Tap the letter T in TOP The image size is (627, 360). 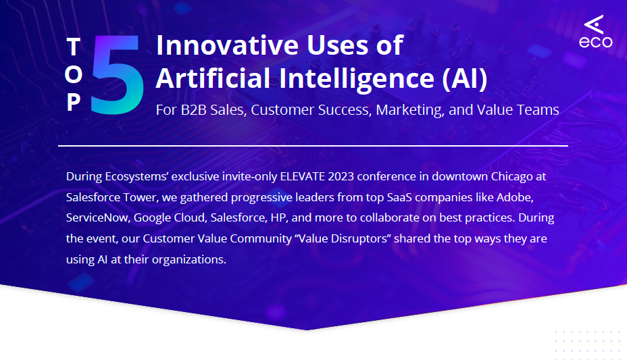tap(74, 47)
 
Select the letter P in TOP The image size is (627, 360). tap(74, 102)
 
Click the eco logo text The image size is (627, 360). tap(595, 42)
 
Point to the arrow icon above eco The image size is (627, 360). tap(595, 24)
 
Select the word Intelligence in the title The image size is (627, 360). tap(361, 78)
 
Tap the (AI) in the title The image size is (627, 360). tap(464, 78)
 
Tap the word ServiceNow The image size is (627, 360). tap(97, 218)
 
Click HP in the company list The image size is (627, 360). tap(278, 218)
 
